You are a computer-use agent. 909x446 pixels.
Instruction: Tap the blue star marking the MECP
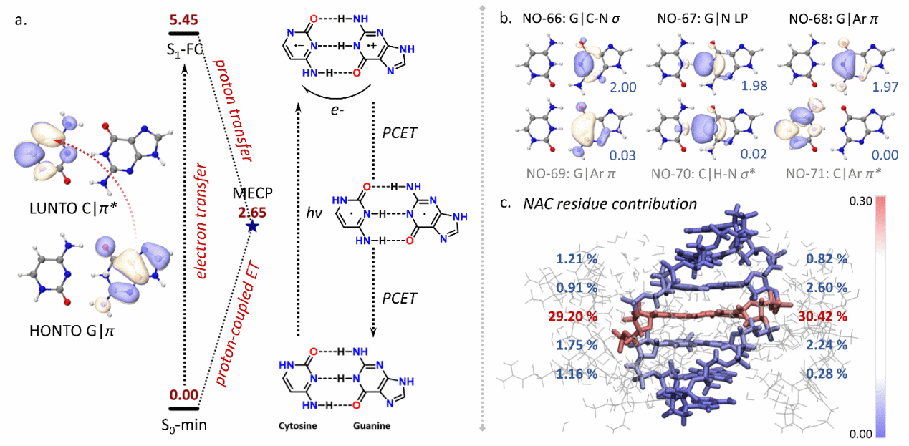coord(251,226)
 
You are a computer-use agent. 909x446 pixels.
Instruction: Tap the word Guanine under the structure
coord(370,426)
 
